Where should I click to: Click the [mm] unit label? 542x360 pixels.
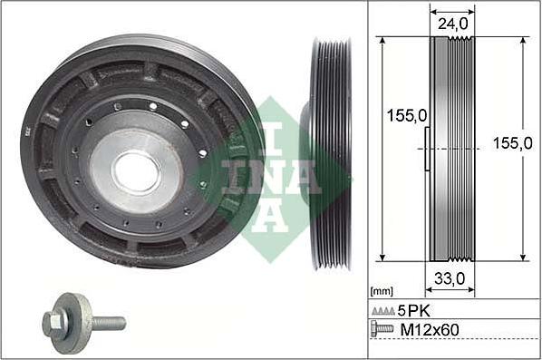point(382,291)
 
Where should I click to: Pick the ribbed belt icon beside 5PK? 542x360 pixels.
point(383,311)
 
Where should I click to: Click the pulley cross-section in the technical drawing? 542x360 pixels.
point(450,150)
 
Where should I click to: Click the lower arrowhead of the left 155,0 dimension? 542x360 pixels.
point(382,258)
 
